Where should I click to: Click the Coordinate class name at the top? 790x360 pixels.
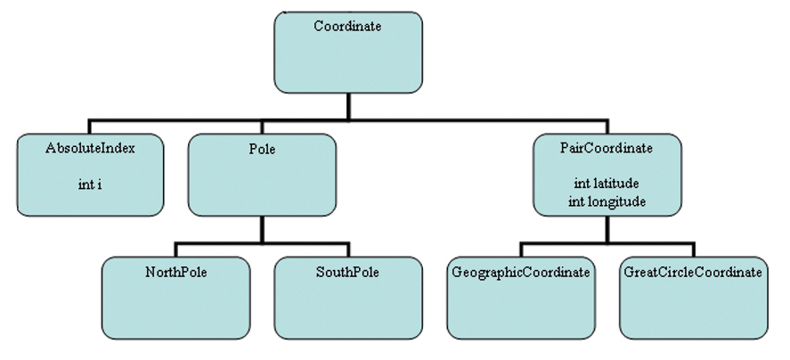point(347,26)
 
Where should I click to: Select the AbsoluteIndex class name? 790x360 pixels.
point(90,148)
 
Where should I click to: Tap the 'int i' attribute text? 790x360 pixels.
point(90,184)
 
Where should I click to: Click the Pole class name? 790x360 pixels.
point(262,149)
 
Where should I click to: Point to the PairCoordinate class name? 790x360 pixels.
point(607,148)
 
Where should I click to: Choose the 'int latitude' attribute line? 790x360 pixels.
point(607,184)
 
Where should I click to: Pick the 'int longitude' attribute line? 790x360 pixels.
point(607,201)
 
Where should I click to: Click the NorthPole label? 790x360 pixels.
point(175,272)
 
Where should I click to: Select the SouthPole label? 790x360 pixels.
point(347,272)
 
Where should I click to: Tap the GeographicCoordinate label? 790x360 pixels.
point(521,272)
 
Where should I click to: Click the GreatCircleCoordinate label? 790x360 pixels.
point(693,272)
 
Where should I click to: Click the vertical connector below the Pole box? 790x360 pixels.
point(262,230)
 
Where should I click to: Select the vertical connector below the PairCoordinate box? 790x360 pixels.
point(607,229)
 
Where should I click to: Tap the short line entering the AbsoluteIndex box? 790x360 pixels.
point(89,126)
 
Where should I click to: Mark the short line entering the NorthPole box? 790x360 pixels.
point(175,250)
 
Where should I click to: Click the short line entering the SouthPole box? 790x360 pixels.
point(348,250)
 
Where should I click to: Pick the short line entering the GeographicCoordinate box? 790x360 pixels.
point(521,250)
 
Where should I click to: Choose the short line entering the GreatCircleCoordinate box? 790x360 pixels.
point(693,250)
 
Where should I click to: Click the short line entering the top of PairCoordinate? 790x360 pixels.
point(607,126)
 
